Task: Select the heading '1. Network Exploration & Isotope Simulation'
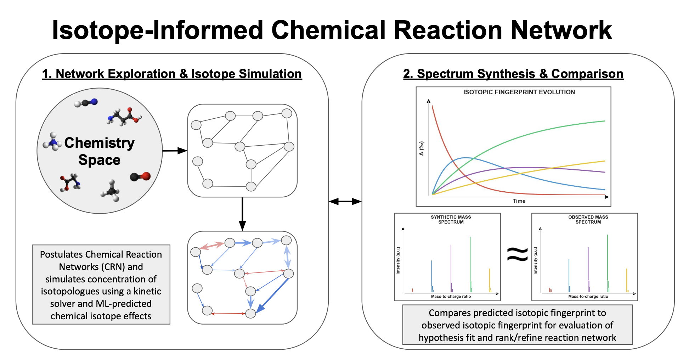click(x=172, y=74)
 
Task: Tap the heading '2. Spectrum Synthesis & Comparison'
click(x=513, y=74)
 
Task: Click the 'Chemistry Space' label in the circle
click(x=99, y=151)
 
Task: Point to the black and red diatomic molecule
click(x=140, y=176)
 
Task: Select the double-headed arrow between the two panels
click(x=345, y=202)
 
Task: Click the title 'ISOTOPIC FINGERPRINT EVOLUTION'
click(x=519, y=92)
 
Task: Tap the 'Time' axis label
click(x=519, y=201)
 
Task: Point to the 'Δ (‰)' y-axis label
click(x=422, y=148)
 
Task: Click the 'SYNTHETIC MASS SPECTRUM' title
click(x=451, y=219)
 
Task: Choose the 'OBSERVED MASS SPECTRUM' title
click(x=588, y=219)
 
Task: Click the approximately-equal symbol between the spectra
click(x=517, y=254)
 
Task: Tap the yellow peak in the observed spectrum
click(x=626, y=280)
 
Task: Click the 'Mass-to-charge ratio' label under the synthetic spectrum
click(x=451, y=297)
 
